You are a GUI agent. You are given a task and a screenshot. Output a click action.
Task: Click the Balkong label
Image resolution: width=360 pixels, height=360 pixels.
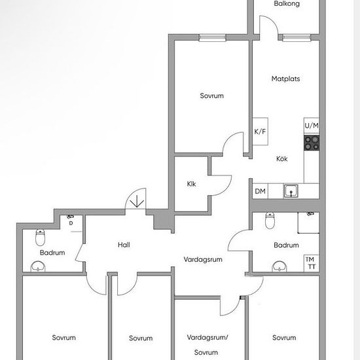click(x=287, y=4)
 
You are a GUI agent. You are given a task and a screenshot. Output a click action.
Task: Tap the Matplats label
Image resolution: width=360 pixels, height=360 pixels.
click(x=285, y=79)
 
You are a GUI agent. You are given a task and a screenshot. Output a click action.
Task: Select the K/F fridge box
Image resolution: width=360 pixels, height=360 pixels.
click(x=260, y=132)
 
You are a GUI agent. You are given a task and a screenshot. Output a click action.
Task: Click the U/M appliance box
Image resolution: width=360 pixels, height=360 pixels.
click(x=312, y=126)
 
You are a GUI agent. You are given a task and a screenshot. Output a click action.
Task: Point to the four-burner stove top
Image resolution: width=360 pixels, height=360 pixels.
click(x=312, y=143)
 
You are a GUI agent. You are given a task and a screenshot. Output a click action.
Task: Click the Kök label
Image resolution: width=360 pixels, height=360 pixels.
click(x=281, y=158)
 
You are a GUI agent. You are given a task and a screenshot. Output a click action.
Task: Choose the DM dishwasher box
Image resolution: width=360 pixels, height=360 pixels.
click(x=260, y=191)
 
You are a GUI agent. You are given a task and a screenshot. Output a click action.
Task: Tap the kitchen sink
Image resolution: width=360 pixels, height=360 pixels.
click(x=291, y=191)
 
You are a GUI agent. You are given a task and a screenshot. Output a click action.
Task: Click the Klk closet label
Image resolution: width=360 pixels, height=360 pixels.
click(x=191, y=184)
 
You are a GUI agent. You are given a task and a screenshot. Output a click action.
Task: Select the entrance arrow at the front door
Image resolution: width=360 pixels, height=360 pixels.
click(x=137, y=202)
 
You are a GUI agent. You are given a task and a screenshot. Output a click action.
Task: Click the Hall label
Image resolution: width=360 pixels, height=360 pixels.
click(x=124, y=245)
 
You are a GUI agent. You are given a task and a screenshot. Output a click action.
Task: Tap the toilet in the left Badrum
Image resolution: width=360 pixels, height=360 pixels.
click(x=40, y=237)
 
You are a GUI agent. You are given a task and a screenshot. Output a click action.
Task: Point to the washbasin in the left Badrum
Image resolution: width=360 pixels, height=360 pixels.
click(x=38, y=266)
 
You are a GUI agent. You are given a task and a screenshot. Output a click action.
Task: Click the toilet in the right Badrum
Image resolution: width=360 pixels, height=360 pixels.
click(x=270, y=221)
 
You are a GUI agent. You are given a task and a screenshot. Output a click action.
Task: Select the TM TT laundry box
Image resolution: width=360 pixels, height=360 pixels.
click(x=312, y=263)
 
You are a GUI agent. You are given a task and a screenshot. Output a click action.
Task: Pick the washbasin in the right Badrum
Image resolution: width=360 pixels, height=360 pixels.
click(x=279, y=266)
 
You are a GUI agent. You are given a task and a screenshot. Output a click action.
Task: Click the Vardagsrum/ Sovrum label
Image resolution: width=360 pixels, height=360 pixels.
click(x=207, y=345)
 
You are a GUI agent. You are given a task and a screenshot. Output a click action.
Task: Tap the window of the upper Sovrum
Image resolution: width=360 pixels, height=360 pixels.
click(x=212, y=38)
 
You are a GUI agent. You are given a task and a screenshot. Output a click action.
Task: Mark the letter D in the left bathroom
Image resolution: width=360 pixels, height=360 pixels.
click(x=71, y=223)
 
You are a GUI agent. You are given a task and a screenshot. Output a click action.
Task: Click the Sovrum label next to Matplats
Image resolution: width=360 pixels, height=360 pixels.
click(x=211, y=96)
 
